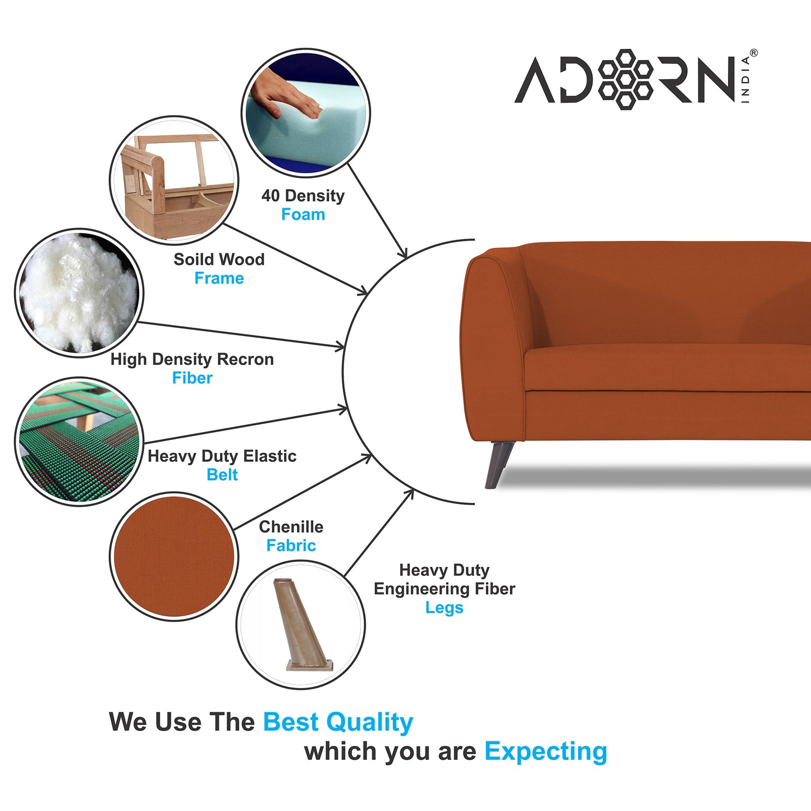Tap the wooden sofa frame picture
(x=174, y=180)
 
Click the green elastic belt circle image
(x=79, y=442)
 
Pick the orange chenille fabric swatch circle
(x=174, y=556)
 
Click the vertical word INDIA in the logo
(x=745, y=79)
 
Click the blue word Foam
(x=303, y=215)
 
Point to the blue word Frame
(x=219, y=278)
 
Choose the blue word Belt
(x=222, y=475)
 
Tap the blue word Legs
(x=444, y=608)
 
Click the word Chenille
(x=291, y=527)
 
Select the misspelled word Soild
(x=194, y=259)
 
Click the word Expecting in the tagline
(x=546, y=752)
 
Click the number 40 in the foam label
(x=271, y=196)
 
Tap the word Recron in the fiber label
(x=245, y=359)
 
